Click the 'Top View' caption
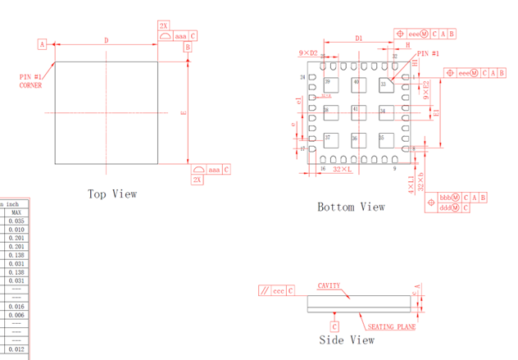[x=112, y=194]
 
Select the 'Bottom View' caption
[x=351, y=207]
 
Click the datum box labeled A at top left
[x=42, y=44]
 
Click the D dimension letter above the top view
[x=106, y=40]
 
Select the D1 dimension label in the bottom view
[x=358, y=39]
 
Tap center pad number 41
[x=356, y=109]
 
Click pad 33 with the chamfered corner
[x=383, y=84]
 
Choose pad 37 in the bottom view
[x=328, y=137]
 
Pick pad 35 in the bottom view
[x=382, y=137]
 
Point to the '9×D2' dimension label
[x=308, y=53]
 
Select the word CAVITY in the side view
[x=329, y=286]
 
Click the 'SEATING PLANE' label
[x=391, y=327]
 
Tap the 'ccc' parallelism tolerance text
[x=279, y=290]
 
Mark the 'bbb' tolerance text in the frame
[x=447, y=198]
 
